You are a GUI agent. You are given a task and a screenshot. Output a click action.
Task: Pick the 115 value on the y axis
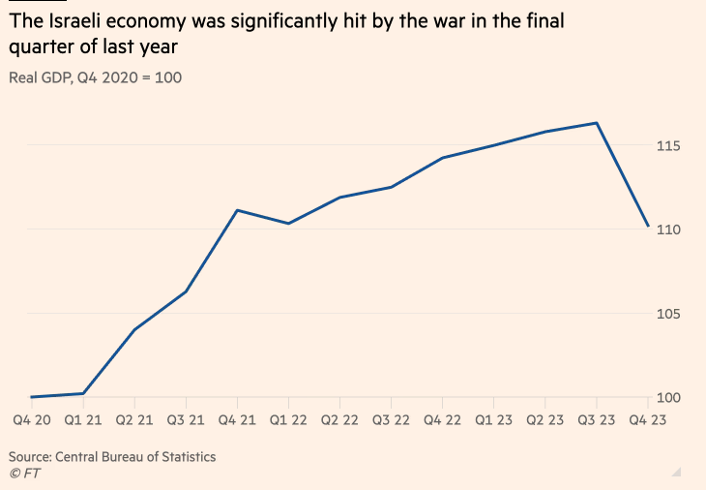tap(670, 145)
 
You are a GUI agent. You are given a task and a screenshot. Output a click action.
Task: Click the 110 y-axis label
tap(670, 230)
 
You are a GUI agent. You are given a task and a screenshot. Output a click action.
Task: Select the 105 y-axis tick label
tap(670, 314)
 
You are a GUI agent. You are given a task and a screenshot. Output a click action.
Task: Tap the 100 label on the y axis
tap(670, 398)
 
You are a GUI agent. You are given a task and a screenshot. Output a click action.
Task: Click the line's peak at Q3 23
tap(597, 123)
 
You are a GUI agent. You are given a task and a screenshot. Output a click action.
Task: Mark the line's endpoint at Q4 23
tap(648, 226)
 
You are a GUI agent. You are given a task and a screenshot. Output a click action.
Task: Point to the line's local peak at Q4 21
tap(237, 210)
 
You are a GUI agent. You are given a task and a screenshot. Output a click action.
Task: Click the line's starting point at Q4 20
tap(31, 397)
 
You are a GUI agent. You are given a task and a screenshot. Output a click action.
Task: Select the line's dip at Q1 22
tap(288, 224)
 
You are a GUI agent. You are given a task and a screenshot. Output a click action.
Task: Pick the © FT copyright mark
tap(25, 473)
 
